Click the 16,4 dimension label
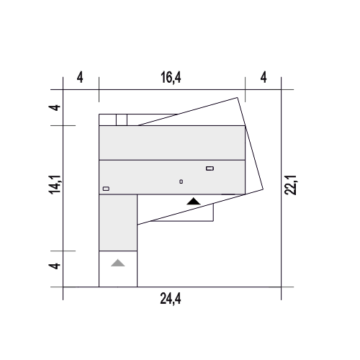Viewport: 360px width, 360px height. click(x=171, y=78)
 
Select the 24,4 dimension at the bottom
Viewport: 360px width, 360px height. click(x=171, y=299)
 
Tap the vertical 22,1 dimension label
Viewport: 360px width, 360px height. click(x=291, y=185)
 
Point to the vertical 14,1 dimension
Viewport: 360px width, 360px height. click(x=55, y=184)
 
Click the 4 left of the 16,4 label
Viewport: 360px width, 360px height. click(x=80, y=78)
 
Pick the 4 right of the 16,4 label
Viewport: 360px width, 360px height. click(x=264, y=78)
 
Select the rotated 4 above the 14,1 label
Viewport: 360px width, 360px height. click(x=55, y=107)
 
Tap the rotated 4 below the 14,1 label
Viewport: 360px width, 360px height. click(x=55, y=266)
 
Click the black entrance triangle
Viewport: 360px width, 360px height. click(x=194, y=202)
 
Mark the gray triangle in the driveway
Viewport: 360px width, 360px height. click(x=117, y=263)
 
